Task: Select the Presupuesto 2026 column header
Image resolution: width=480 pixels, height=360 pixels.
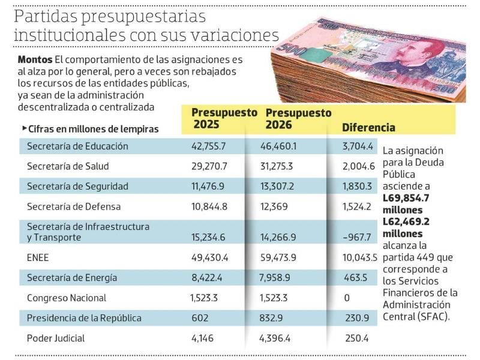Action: pyautogui.click(x=298, y=118)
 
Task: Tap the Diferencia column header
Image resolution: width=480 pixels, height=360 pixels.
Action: pyautogui.click(x=368, y=128)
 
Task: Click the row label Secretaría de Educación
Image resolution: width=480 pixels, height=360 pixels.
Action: pyautogui.click(x=77, y=146)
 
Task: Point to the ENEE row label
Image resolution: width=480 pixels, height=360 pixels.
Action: pyautogui.click(x=38, y=257)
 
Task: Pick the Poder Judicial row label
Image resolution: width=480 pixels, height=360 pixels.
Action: pyautogui.click(x=56, y=338)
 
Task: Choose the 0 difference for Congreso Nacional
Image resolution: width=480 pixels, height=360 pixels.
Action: pyautogui.click(x=347, y=298)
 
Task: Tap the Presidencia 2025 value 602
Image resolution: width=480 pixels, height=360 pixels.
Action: pyautogui.click(x=199, y=318)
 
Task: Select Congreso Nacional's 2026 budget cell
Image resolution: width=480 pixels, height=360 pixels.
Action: pyautogui.click(x=279, y=298)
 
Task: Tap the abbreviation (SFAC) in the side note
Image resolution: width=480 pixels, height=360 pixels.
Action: pyautogui.click(x=433, y=316)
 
